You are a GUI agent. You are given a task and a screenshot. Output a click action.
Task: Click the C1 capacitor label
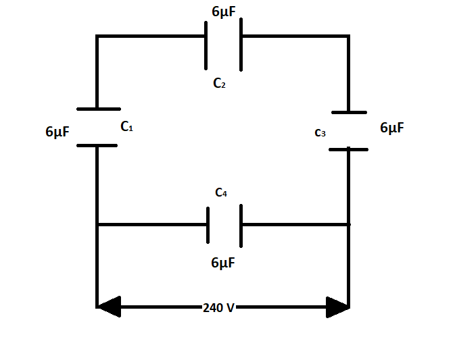click(126, 126)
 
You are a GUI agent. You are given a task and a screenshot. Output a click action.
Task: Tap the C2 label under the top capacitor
click(219, 84)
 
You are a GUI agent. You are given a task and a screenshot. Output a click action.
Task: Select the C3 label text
click(320, 133)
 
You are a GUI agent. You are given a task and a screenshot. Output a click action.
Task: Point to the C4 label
click(221, 193)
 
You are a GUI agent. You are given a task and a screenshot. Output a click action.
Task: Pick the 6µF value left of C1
click(57, 132)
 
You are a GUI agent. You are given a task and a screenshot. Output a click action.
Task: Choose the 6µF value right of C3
click(393, 128)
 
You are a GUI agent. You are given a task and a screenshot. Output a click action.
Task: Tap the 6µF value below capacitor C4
click(223, 263)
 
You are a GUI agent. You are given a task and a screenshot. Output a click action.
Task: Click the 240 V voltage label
click(218, 308)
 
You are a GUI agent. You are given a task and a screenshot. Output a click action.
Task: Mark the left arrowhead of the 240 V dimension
click(109, 307)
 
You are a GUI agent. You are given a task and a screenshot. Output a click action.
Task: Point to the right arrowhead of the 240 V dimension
click(337, 307)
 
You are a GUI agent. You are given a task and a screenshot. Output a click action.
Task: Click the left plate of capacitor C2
click(207, 45)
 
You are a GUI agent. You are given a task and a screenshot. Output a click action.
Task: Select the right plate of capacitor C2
click(241, 45)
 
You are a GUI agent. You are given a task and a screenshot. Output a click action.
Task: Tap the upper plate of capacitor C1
click(99, 109)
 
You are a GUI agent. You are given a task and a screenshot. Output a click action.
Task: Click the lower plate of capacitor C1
click(97, 145)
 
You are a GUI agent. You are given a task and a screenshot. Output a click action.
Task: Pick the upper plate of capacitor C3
click(349, 112)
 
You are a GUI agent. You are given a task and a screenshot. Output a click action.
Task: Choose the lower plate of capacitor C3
click(349, 149)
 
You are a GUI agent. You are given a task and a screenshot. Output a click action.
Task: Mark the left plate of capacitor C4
click(208, 224)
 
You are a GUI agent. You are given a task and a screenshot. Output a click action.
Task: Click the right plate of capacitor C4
click(241, 224)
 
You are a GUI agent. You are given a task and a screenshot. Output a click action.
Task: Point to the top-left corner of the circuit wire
click(97, 36)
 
